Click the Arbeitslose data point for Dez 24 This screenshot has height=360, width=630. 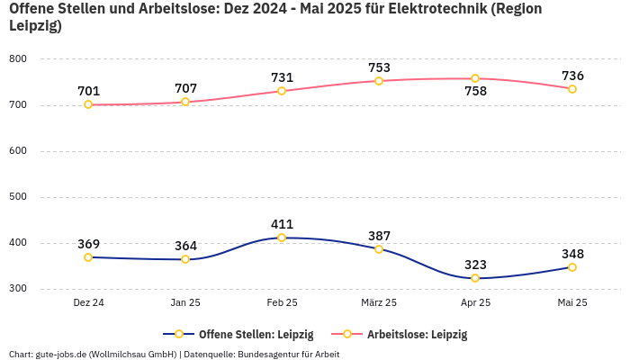click(x=88, y=104)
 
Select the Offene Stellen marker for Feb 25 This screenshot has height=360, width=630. click(x=282, y=238)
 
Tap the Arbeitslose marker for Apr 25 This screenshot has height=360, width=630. click(x=475, y=78)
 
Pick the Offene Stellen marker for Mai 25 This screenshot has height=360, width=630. click(x=572, y=267)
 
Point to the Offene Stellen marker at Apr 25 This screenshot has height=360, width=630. click(x=475, y=278)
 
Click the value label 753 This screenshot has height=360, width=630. click(x=379, y=67)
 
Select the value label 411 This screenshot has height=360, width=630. click(x=282, y=224)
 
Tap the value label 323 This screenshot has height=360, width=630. click(x=475, y=265)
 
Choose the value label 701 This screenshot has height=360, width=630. click(x=88, y=91)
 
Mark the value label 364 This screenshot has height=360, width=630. click(x=185, y=246)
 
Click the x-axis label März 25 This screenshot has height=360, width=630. click(x=379, y=303)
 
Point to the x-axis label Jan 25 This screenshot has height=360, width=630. click(x=185, y=303)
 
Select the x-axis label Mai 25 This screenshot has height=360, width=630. click(x=572, y=303)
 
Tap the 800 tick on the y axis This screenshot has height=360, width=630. click(x=18, y=59)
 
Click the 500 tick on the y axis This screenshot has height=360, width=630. click(x=18, y=197)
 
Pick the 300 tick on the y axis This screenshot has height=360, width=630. click(x=18, y=289)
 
